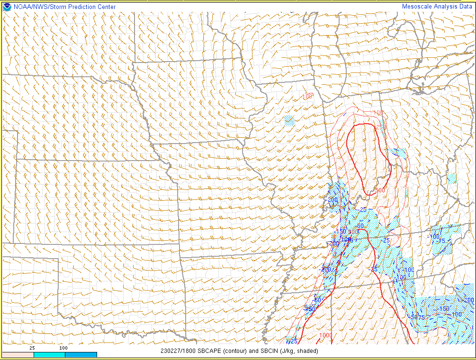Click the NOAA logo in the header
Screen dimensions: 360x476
pos(7,7)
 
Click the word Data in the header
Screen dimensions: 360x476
pos(466,7)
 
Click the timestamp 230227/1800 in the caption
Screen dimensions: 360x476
pos(177,351)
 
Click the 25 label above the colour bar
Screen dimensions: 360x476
pos(33,348)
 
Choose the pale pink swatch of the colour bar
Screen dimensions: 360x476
pos(18,354)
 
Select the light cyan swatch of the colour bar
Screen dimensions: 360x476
pos(49,354)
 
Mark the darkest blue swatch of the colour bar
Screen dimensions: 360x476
pos(81,354)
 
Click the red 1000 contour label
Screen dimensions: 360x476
pos(325,335)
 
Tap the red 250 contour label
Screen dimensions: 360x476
pos(379,127)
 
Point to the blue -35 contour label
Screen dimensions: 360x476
pos(373,269)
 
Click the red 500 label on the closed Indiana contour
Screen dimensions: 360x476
pos(379,190)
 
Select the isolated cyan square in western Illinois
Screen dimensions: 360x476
pos(289,120)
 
